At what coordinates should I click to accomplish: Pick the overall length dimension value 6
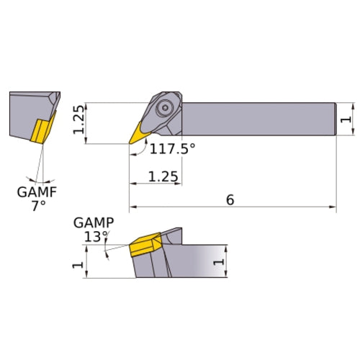[230, 199]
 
